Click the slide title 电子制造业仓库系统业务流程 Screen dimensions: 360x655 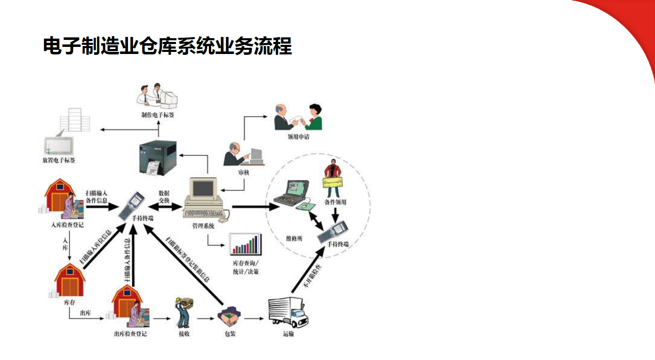(167, 46)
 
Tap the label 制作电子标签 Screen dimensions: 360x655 (157, 115)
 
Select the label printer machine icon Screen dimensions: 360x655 (157, 158)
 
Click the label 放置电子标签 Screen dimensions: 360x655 (59, 160)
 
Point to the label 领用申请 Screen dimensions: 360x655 (298, 137)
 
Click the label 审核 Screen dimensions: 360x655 (243, 172)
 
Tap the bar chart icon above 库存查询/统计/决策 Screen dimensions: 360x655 (245, 244)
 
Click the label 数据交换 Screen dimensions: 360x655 (164, 197)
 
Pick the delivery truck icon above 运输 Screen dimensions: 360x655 (288, 312)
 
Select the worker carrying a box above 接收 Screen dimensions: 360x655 (183, 312)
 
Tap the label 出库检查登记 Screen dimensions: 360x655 (130, 334)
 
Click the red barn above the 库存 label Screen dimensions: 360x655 (70, 280)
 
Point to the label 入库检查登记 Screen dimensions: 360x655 (67, 225)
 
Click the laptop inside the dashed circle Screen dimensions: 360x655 (293, 193)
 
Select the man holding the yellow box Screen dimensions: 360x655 (332, 178)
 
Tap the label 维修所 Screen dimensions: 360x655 (294, 239)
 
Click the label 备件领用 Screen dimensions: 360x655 (335, 202)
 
